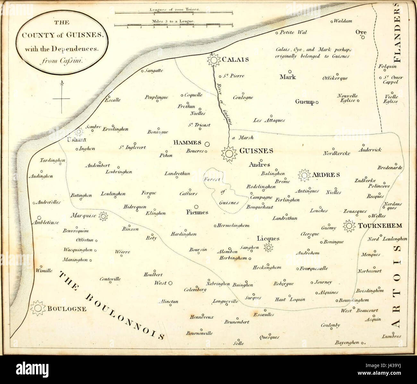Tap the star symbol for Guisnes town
(x=229, y=154)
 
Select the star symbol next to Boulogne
(x=38, y=308)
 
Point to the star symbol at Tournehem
(x=349, y=226)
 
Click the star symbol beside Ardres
(x=304, y=175)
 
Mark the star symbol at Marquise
(x=103, y=216)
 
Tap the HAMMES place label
(x=187, y=143)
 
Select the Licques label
(x=268, y=238)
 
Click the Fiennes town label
(x=197, y=212)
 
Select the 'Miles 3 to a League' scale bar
(x=174, y=25)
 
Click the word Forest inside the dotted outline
(x=212, y=179)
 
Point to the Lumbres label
(x=391, y=336)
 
